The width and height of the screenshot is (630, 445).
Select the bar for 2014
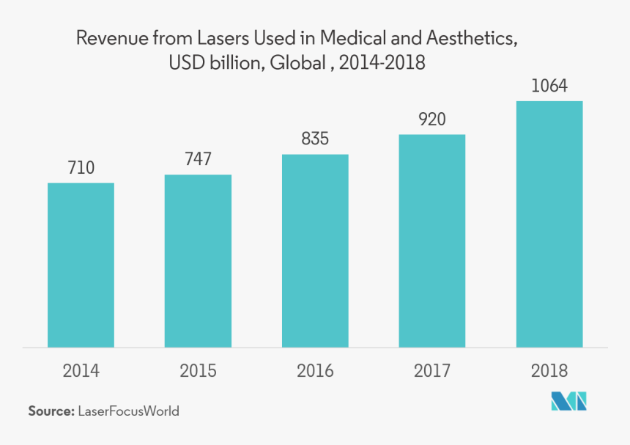point(81,265)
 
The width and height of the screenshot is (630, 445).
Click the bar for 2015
point(198,260)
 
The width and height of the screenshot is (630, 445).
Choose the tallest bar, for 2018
point(549,224)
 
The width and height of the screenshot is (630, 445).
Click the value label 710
point(81,168)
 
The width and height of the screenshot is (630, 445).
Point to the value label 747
point(198,160)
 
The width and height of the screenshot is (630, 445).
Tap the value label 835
point(315,139)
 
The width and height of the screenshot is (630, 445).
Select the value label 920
point(432,119)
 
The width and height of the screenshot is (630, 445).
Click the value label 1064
point(549,86)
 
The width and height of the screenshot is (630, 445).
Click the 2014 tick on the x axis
point(81,371)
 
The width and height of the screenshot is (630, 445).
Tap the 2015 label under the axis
point(198,371)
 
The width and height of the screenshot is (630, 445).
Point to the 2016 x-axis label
point(315,371)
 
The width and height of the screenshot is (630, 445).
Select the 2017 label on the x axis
point(432,371)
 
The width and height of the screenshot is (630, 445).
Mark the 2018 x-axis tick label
point(549,371)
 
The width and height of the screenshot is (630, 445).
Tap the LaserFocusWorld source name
point(128,411)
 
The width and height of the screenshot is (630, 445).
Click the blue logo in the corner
point(570,402)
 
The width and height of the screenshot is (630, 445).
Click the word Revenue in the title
point(110,39)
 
